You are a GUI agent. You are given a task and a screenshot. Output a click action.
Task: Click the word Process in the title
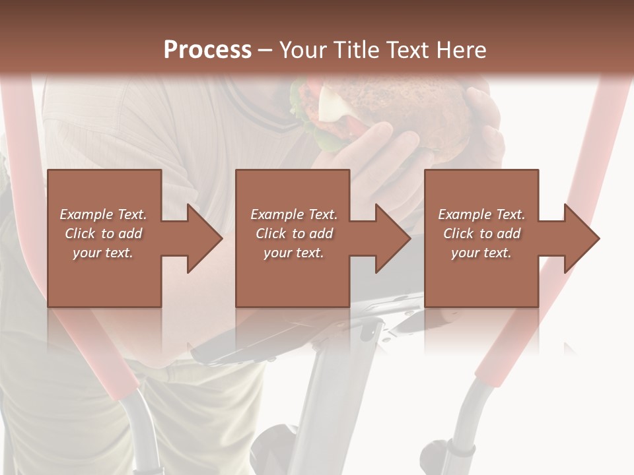[207, 50]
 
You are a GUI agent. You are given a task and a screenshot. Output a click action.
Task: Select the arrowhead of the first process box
[202, 238]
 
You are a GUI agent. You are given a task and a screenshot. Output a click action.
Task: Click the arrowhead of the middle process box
[391, 238]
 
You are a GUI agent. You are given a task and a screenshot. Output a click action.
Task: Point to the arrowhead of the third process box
[580, 238]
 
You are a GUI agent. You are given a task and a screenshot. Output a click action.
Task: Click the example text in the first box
[104, 234]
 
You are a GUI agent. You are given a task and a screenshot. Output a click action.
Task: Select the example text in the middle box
[293, 234]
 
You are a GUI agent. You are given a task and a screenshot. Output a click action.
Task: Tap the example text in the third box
[481, 234]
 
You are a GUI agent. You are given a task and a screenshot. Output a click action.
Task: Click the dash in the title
[265, 50]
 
